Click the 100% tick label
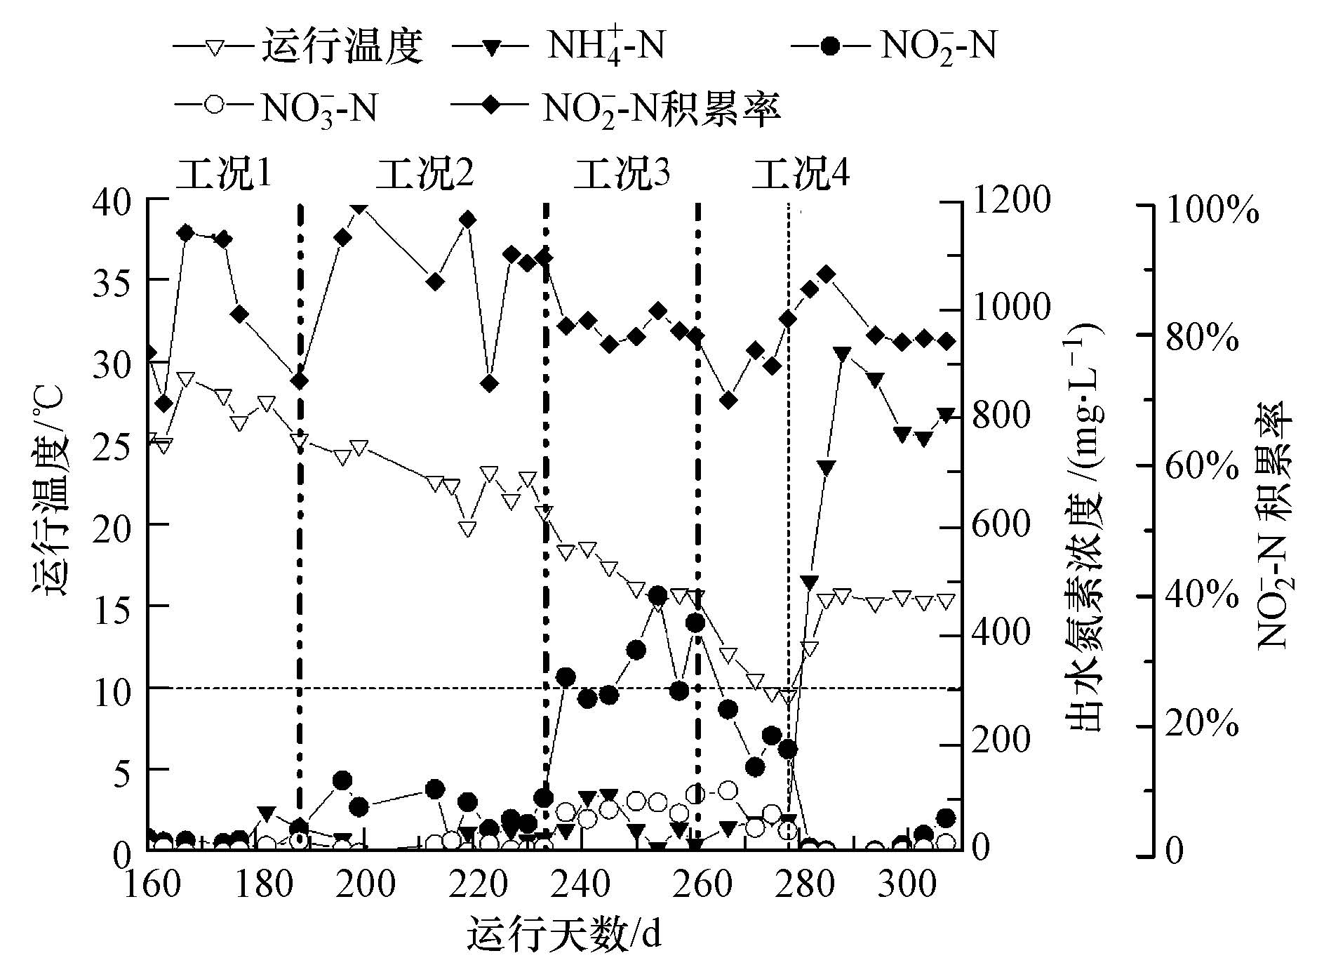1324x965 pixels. (x=1210, y=209)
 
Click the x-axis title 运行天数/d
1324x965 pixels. (x=565, y=933)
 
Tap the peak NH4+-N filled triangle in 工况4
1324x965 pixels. (x=843, y=353)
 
